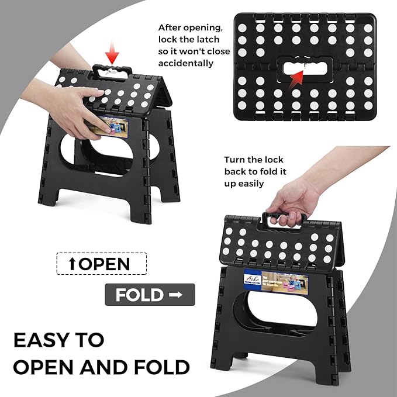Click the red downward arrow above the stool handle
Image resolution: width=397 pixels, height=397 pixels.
(113, 56)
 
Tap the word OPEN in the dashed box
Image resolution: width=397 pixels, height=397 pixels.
(104, 263)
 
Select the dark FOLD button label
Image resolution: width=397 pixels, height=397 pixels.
(140, 295)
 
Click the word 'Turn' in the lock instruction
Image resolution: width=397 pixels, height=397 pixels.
(234, 159)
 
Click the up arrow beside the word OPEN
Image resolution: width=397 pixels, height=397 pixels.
(72, 264)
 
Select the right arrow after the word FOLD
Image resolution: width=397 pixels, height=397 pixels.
(174, 295)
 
